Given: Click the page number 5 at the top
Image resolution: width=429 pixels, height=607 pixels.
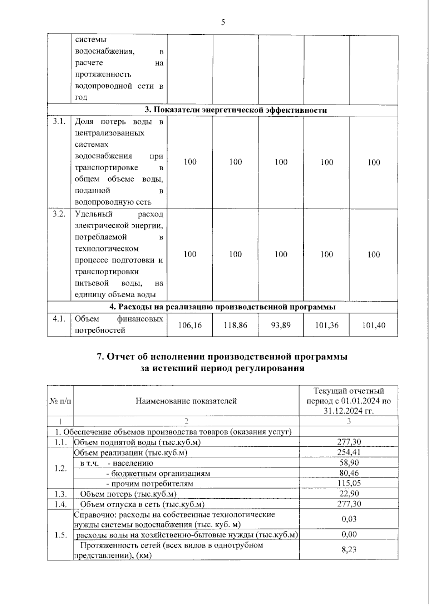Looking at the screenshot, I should tap(223, 23).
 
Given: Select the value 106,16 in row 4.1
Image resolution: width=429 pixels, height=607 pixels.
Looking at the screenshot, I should tap(190, 325).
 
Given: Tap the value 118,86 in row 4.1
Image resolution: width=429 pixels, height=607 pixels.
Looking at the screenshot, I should tap(235, 325).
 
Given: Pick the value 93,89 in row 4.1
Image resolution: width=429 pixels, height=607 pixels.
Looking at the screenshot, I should tap(281, 325).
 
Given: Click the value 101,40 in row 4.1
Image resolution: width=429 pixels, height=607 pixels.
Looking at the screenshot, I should tap(374, 325).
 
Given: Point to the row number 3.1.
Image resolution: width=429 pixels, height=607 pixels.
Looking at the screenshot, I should tap(59, 121).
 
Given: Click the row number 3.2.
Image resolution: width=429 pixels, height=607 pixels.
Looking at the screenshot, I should tap(59, 214).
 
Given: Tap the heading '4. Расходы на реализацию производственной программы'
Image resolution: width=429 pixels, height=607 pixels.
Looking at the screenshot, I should tap(222, 307).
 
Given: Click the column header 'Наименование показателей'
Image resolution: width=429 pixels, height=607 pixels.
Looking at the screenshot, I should tap(186, 401).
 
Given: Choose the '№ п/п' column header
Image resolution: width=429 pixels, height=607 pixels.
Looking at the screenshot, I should tap(60, 401).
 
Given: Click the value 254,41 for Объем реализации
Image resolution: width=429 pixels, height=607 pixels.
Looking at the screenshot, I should tap(349, 452).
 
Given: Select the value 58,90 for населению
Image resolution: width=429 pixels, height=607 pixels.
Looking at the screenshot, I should tap(349, 462).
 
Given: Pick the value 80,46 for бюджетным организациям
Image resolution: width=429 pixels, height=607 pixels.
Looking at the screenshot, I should tap(349, 473).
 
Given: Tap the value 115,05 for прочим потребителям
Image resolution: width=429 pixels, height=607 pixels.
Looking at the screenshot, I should tap(349, 483).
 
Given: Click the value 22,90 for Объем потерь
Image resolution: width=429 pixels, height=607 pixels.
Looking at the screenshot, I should tap(349, 494).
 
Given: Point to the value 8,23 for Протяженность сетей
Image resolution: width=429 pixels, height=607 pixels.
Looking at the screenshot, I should tap(349, 549).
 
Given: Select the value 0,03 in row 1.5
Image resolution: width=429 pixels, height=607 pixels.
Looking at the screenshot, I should tap(349, 519).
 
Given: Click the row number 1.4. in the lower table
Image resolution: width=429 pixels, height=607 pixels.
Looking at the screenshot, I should tap(61, 504).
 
